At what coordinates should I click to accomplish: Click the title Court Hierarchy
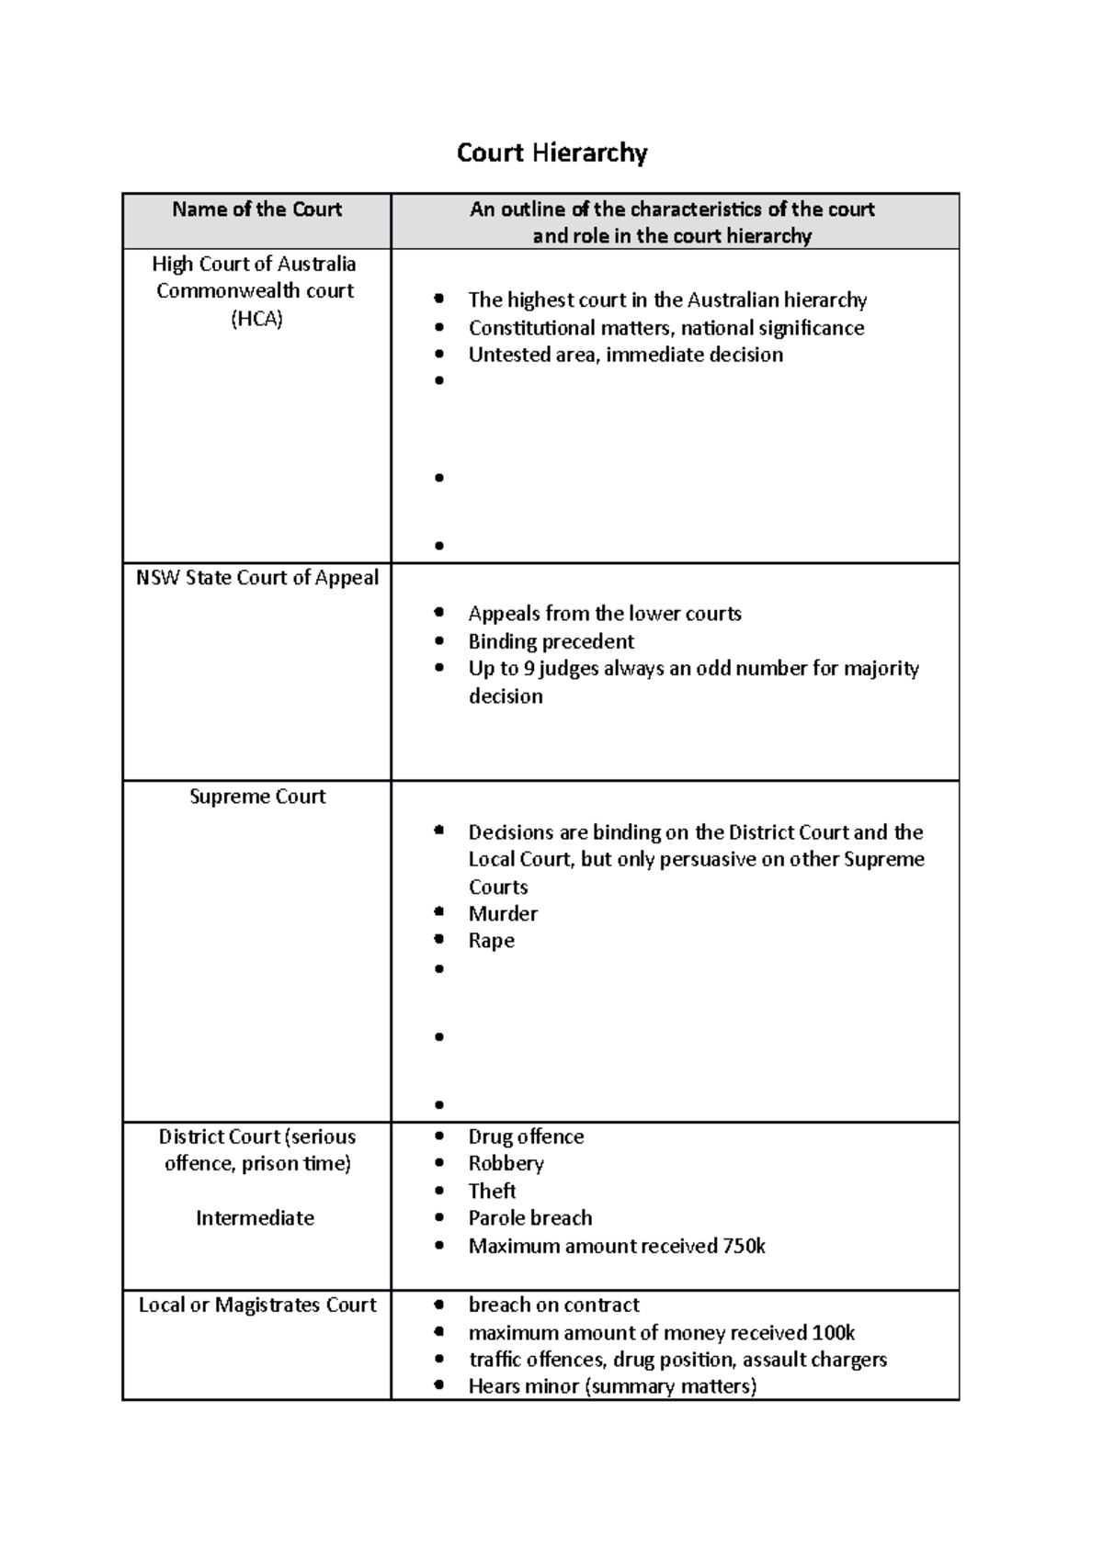[551, 153]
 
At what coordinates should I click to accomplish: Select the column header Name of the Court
[256, 209]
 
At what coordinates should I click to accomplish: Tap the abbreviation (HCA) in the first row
[256, 319]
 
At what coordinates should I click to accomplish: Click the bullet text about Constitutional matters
[665, 328]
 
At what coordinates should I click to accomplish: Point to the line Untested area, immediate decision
[625, 355]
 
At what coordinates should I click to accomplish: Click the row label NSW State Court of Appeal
[256, 578]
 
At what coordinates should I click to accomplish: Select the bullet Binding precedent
[551, 641]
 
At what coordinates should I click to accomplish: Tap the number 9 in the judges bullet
[529, 669]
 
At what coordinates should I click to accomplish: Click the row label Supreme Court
[256, 797]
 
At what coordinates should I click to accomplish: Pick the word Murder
[503, 913]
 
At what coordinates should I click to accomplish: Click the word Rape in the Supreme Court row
[491, 941]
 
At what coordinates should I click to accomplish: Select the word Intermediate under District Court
[255, 1218]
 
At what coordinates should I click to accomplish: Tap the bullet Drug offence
[526, 1136]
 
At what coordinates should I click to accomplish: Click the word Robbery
[506, 1163]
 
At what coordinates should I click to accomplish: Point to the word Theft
[492, 1191]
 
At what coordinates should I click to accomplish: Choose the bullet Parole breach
[529, 1218]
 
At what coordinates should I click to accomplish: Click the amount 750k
[744, 1247]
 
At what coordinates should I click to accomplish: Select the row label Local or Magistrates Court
[256, 1306]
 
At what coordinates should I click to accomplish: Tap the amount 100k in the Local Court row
[834, 1333]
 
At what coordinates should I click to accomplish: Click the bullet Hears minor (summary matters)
[612, 1386]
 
